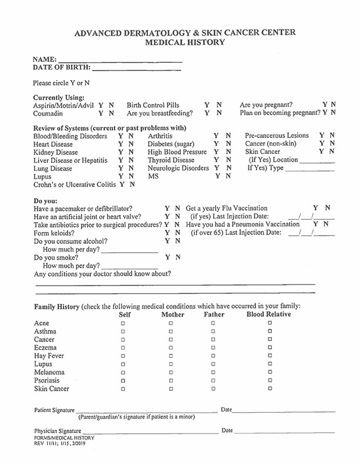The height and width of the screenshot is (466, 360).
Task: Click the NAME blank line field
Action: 120,60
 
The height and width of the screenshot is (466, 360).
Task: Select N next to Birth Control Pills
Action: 219,105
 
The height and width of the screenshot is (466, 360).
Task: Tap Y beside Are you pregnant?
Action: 325,105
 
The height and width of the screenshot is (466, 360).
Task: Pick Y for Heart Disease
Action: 120,144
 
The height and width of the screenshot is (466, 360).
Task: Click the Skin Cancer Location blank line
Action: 317,160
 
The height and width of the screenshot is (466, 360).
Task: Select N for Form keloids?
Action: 178,233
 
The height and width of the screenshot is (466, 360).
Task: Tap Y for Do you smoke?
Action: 168,257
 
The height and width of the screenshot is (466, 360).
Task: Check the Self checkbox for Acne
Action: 123,323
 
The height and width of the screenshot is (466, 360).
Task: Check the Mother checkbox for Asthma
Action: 171,331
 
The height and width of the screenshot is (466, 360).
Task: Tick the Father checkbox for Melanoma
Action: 213,373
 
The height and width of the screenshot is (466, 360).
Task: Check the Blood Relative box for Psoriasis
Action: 270,381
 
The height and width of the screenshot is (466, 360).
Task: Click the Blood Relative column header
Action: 268,314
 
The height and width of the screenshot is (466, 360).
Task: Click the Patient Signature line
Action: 146,411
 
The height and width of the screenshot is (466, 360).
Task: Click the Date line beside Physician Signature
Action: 284,432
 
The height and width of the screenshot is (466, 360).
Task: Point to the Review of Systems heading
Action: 109,128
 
